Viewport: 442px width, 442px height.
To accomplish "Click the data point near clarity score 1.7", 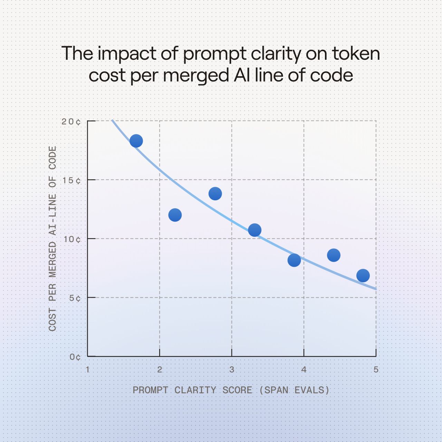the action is coord(136,141).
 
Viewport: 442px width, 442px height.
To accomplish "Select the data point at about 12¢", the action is coord(175,215).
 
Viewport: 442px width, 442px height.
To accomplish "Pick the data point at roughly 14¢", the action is coord(215,194).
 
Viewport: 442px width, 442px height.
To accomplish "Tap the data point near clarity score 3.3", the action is coord(255,230).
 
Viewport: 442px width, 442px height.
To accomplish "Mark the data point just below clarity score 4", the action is coord(294,260).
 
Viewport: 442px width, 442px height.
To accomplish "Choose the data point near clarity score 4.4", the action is coord(334,255).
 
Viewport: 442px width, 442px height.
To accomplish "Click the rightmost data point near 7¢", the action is coord(363,276).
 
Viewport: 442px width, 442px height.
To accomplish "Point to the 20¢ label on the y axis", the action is coord(71,122).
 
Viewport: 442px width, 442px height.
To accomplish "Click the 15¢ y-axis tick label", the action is coord(71,181).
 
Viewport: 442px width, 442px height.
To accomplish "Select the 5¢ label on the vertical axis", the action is coord(75,298).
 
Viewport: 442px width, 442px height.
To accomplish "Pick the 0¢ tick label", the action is coord(75,357).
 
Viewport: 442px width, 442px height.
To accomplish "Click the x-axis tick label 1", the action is coord(87,369).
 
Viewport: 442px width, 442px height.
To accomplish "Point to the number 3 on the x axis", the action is coord(232,369).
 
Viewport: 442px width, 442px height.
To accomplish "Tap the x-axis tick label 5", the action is coord(376,369).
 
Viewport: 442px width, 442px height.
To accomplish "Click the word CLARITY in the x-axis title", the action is coord(195,390).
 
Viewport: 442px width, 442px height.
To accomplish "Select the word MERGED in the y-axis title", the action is coord(52,259).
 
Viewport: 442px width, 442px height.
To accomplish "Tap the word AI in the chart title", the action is coord(242,75).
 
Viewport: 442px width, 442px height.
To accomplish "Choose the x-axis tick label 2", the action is coord(160,369).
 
